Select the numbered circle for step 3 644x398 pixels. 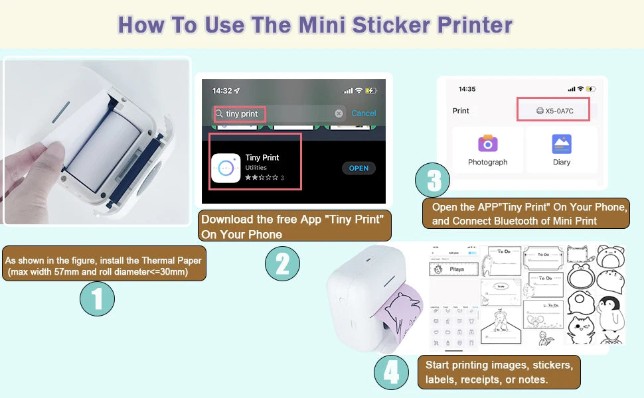click(x=432, y=180)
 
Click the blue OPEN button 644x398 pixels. click(x=359, y=168)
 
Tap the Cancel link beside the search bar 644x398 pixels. click(x=363, y=113)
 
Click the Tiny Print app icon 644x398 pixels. click(x=226, y=168)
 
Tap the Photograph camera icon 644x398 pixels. click(x=488, y=143)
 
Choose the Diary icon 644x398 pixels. click(x=562, y=143)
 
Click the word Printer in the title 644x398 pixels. click(x=475, y=25)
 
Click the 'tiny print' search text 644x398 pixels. click(x=242, y=114)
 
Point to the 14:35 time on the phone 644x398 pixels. click(x=467, y=89)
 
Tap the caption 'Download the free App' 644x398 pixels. click(x=295, y=226)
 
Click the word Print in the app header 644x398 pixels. click(x=461, y=111)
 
